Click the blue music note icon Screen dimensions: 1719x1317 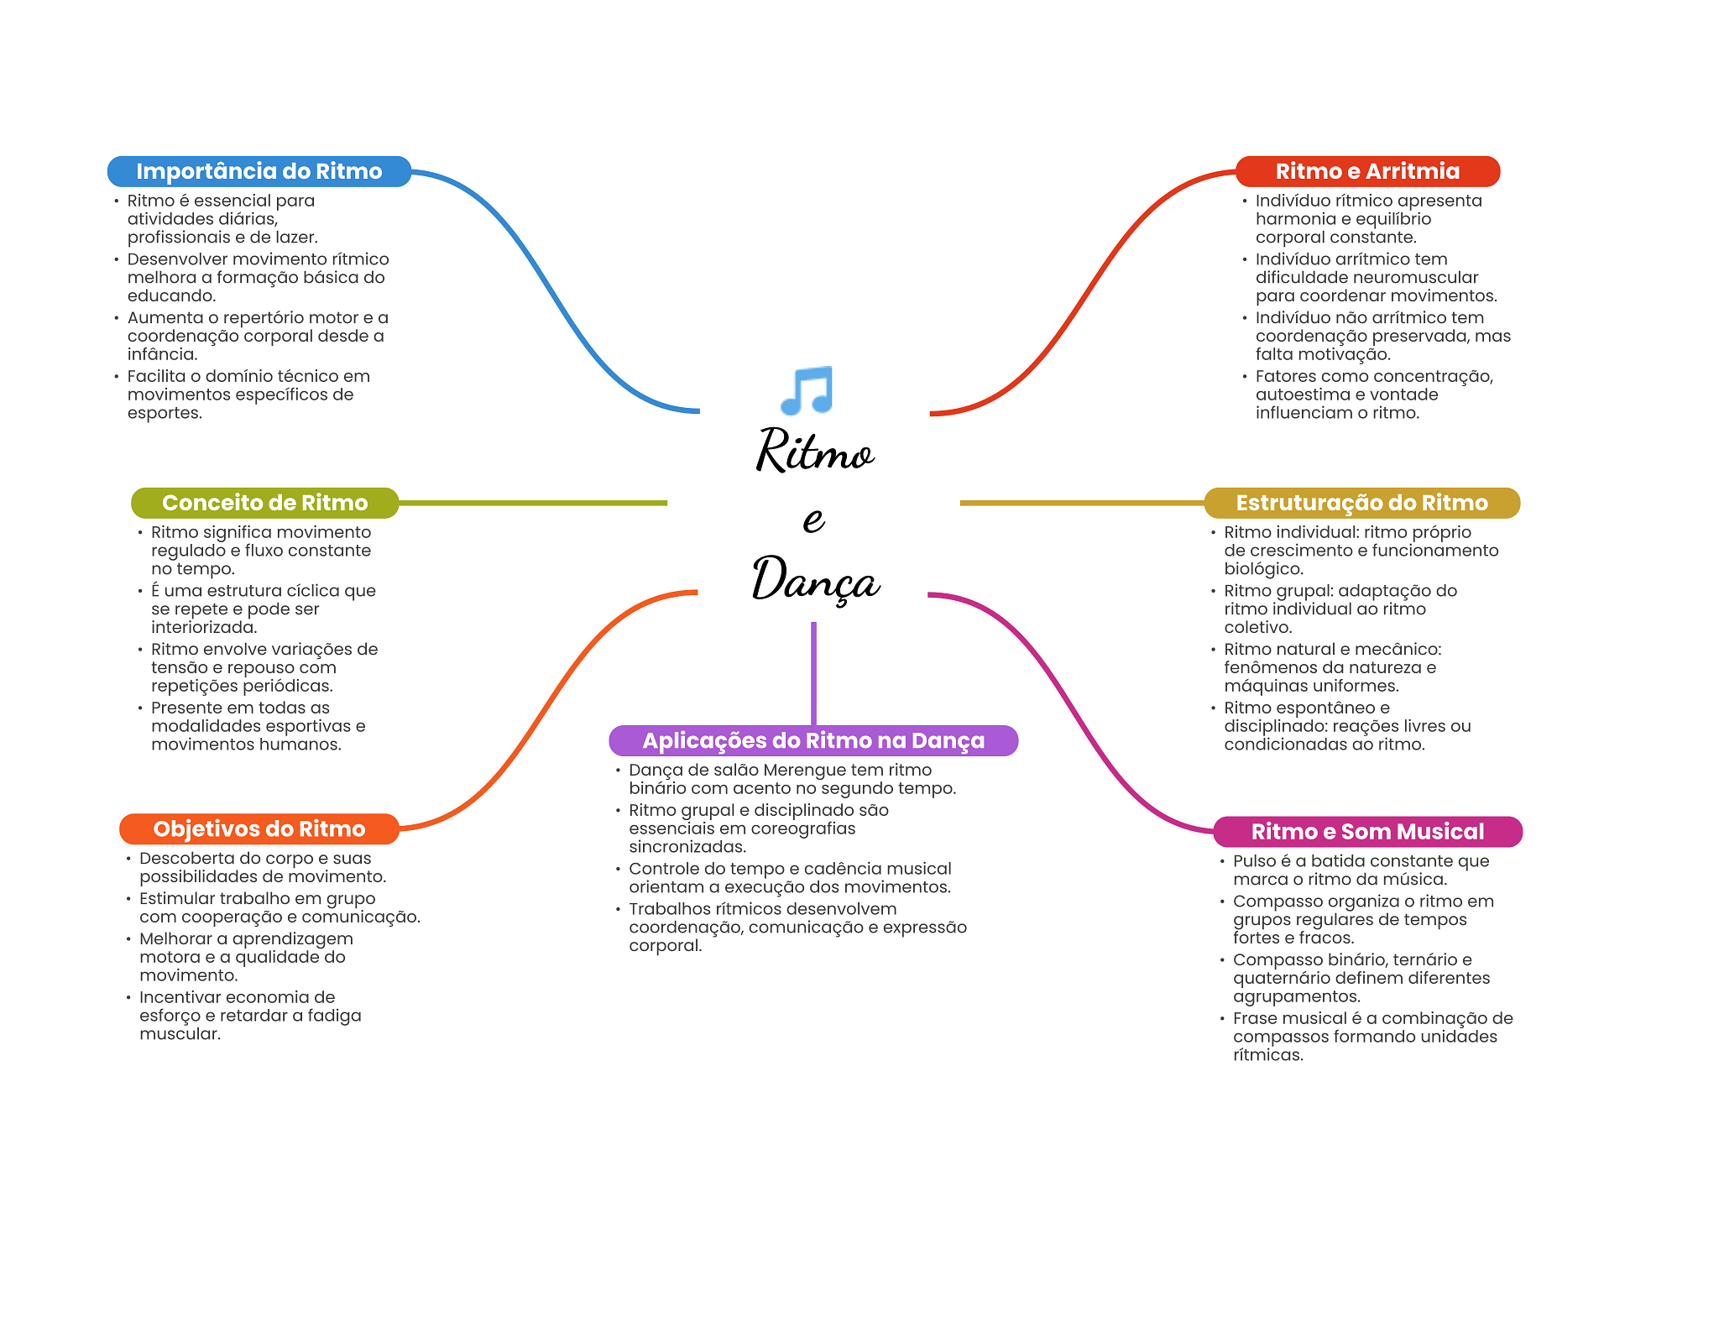807,390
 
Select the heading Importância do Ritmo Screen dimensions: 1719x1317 259,171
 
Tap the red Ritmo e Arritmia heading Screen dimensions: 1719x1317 1367,171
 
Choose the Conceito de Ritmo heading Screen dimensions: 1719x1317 264,503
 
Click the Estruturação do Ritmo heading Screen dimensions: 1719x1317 1361,503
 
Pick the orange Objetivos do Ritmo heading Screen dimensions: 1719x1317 259,829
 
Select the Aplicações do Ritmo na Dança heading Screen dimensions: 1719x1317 813,740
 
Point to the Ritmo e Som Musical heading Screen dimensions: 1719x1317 1367,832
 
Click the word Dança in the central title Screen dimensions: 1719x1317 816,579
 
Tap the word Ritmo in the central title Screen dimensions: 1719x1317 815,451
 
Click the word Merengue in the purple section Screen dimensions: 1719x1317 804,771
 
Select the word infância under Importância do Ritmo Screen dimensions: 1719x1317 161,354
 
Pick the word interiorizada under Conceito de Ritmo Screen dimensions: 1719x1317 204,628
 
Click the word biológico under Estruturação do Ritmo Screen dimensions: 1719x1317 1263,569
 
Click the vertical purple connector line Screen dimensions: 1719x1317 813,673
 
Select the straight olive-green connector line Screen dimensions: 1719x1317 533,503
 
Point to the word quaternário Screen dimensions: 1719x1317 1280,979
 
